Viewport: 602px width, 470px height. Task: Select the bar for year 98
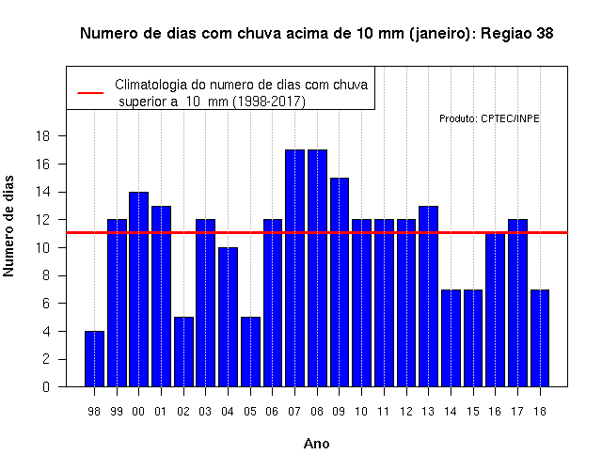(x=94, y=359)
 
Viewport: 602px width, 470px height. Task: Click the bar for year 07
(x=294, y=268)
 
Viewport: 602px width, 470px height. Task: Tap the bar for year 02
(x=184, y=352)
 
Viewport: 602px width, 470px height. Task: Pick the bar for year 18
(x=540, y=338)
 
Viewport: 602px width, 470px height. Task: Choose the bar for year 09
(x=340, y=282)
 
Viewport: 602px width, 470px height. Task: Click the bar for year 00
(x=139, y=290)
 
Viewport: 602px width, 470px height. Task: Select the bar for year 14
(x=451, y=338)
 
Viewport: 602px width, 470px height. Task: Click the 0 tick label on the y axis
(x=46, y=386)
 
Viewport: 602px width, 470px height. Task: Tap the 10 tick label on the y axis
(x=42, y=248)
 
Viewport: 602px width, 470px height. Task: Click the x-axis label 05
(x=250, y=412)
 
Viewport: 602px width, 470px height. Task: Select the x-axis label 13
(x=428, y=412)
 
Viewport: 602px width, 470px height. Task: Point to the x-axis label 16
(x=495, y=412)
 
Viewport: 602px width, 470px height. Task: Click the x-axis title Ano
(x=316, y=444)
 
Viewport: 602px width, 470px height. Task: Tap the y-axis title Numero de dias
(x=8, y=226)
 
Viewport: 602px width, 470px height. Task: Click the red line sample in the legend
(x=90, y=93)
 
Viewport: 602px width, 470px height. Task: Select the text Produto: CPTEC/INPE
(x=489, y=118)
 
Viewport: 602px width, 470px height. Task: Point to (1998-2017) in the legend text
(x=270, y=102)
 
